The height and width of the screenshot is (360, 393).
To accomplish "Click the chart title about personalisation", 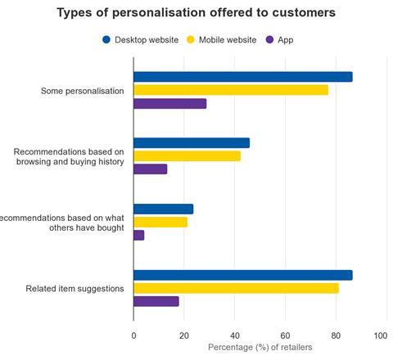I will [x=196, y=13].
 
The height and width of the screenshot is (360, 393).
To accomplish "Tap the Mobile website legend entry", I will [x=220, y=39].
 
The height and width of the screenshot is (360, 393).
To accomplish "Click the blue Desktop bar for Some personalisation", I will [x=243, y=77].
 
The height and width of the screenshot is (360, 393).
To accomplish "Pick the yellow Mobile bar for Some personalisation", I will [x=231, y=90].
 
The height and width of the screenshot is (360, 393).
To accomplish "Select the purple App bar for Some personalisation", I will [x=170, y=104].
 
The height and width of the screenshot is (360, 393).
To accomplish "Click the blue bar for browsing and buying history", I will [x=192, y=142].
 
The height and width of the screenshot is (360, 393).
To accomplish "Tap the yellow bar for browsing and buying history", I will [x=187, y=155].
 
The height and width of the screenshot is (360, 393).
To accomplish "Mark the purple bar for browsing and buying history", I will [x=151, y=169].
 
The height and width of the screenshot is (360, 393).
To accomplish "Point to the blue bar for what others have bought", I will [x=163, y=209].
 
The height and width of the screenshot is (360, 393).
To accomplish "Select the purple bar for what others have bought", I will [x=139, y=235].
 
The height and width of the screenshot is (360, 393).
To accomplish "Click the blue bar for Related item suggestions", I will [x=243, y=275].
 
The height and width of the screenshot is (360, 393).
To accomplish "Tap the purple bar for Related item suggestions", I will [x=156, y=301].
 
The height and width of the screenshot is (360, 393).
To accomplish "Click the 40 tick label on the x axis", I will [x=234, y=335].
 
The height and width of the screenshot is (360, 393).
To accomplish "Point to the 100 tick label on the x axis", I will [x=380, y=335].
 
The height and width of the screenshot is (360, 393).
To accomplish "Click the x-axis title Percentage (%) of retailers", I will [x=260, y=348].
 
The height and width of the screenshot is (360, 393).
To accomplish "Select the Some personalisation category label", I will [x=83, y=91].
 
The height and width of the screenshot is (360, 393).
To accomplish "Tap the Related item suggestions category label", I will [x=75, y=289].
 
